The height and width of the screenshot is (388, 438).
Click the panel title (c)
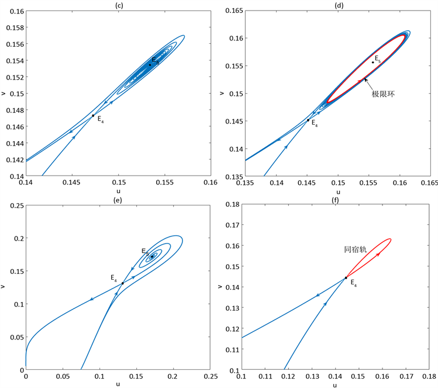118,5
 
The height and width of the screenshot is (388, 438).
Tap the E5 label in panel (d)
378,59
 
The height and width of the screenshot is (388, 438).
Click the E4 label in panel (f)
353,283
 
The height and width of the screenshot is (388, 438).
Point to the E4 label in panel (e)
115,279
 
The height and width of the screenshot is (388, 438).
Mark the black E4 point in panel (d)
308,120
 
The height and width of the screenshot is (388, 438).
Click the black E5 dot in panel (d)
373,63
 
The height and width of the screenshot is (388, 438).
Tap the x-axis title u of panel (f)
335,385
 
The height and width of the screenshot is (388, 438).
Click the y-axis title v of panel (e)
5,287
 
